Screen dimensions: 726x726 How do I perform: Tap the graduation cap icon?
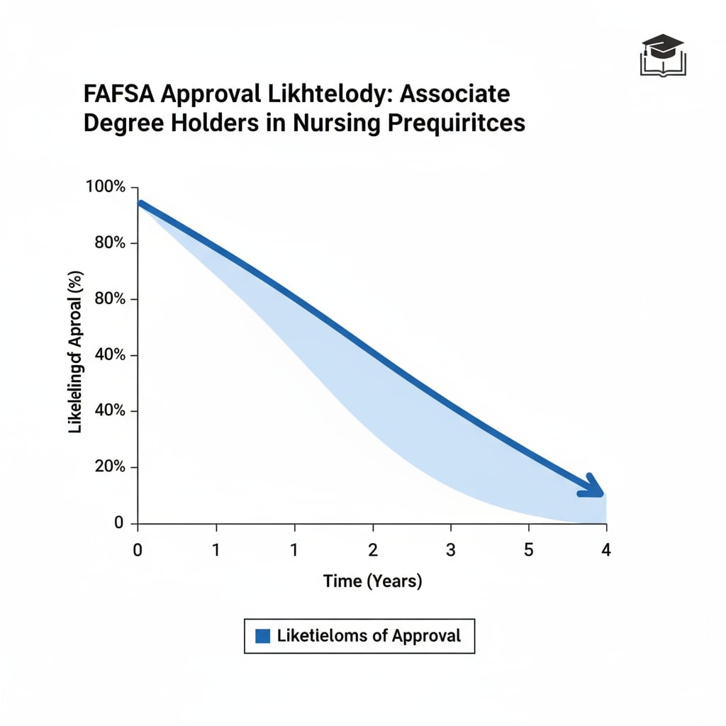(662, 55)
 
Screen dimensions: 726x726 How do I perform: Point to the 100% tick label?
(105, 187)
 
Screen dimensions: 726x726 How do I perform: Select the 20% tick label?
(109, 467)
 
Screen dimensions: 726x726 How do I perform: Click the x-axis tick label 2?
(372, 551)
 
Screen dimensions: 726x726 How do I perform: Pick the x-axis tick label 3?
(450, 551)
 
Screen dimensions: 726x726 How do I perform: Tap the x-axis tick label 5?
(528, 551)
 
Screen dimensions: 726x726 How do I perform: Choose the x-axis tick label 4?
(605, 551)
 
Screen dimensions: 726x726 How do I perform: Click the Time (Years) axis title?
(372, 581)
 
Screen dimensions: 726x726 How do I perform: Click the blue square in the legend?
(262, 636)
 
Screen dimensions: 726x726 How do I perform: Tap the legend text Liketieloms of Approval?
(369, 636)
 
